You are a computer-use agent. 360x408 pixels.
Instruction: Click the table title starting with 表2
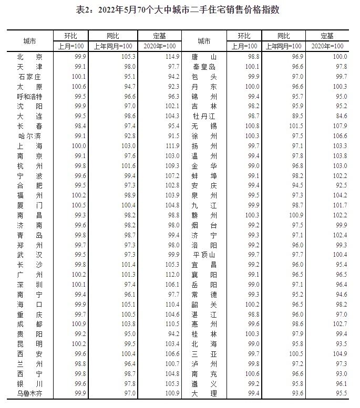click(180, 9)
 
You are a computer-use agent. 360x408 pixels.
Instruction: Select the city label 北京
click(29, 57)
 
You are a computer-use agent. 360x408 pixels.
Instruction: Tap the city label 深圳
click(29, 284)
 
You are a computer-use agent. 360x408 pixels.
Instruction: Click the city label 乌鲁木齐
click(29, 393)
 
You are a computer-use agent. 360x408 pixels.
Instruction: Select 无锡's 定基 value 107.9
click(341, 126)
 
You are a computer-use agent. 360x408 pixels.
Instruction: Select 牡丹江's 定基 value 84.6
click(341, 116)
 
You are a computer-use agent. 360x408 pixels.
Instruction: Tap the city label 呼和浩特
click(29, 97)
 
